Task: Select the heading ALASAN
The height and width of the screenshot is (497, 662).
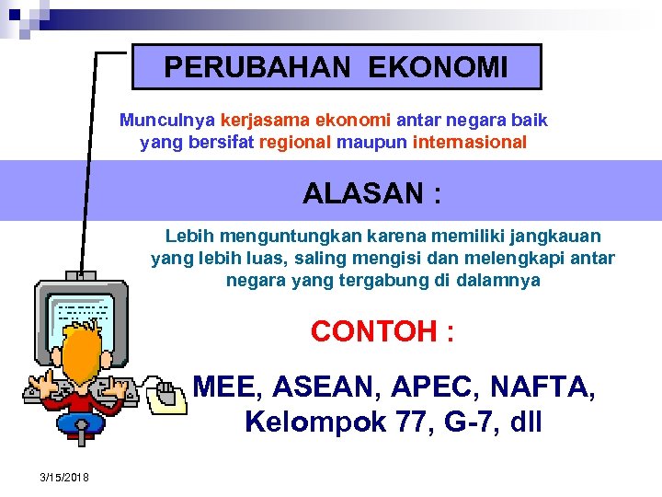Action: [x=360, y=194]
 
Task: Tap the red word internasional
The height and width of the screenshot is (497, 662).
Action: [x=470, y=143]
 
